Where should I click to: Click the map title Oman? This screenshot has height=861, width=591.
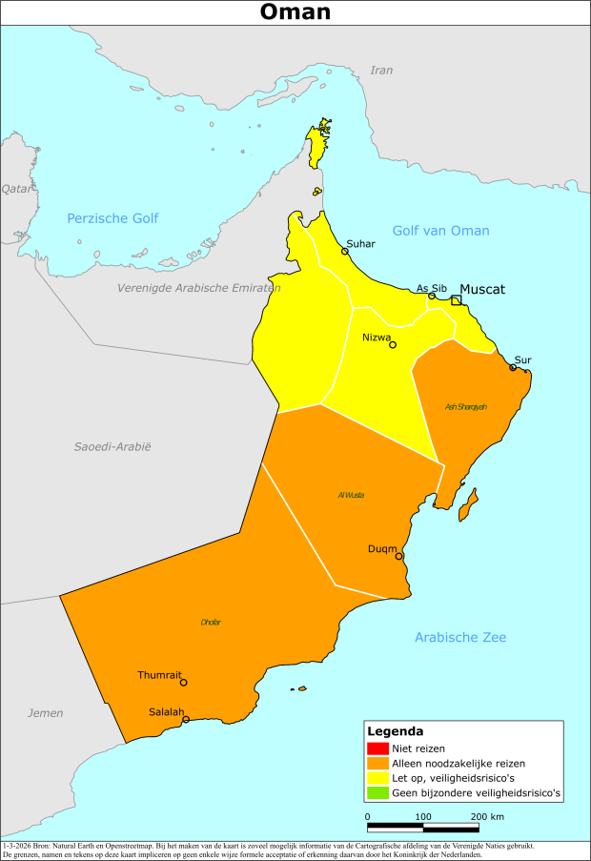tap(295, 11)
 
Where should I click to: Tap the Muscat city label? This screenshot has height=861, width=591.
tap(482, 289)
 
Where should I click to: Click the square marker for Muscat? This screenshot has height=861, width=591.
tap(457, 300)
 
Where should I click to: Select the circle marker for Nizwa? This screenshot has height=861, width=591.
tap(392, 345)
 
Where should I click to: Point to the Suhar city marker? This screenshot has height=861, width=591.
tap(345, 252)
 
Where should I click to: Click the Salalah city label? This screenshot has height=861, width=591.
tap(167, 711)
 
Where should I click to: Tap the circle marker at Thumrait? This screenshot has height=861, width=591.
tap(183, 683)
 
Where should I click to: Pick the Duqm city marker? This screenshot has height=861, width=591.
tap(398, 556)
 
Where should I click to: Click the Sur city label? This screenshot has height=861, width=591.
tap(522, 359)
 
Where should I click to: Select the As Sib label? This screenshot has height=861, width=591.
tap(432, 288)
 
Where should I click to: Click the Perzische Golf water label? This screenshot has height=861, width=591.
tap(112, 218)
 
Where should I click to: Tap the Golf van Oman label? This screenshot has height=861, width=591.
tap(441, 231)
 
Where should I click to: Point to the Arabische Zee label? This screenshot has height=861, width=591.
tap(460, 637)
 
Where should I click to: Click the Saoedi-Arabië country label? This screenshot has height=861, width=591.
tap(112, 446)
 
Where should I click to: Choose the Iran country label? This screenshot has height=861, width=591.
tap(381, 70)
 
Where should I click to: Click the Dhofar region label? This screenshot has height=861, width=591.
tap(211, 622)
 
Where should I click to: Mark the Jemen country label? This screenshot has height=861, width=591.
tap(45, 713)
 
